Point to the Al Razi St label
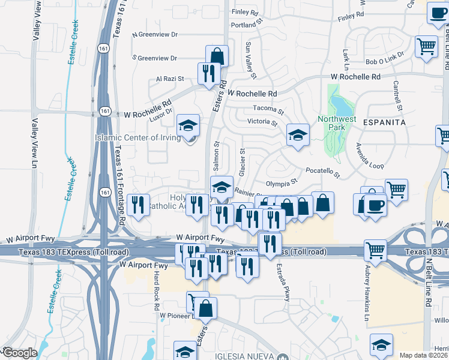(169, 79)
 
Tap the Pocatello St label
(323, 173)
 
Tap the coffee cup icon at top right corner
(438, 13)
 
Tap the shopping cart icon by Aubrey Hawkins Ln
(375, 250)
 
